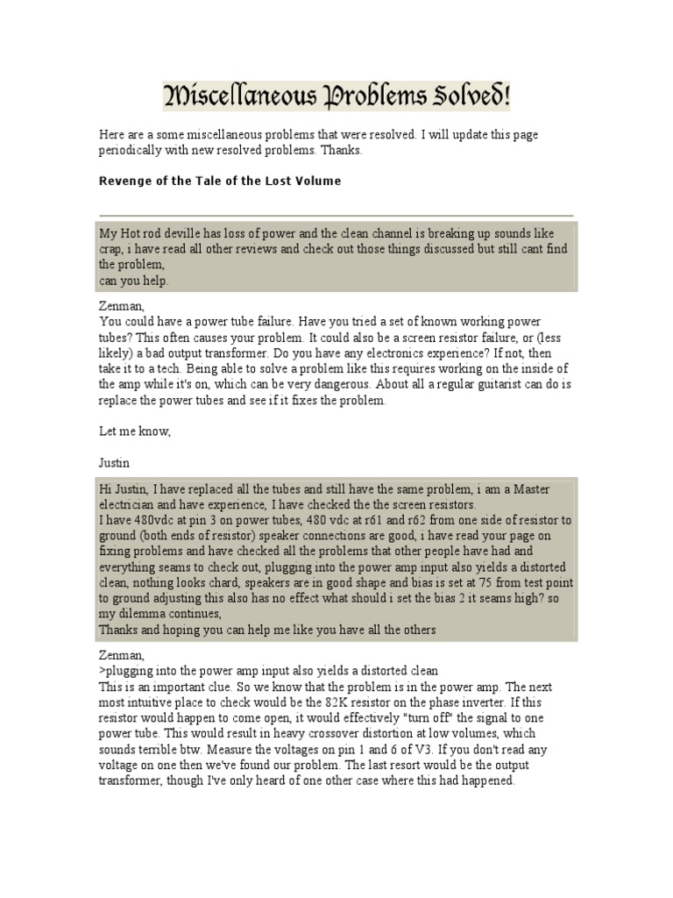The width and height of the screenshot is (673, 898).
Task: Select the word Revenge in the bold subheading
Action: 124,182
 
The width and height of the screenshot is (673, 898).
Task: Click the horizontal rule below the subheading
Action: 336,215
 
